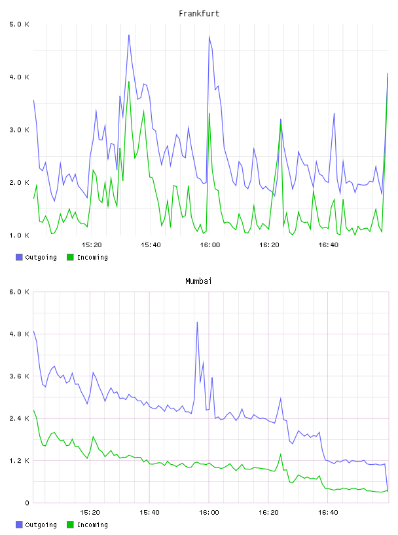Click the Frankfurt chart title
point(199,14)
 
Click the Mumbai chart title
point(198,281)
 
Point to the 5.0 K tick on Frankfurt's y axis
point(20,24)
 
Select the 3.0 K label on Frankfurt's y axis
point(20,130)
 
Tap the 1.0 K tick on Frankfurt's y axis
point(20,235)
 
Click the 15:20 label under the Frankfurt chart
point(92,245)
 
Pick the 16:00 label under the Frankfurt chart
point(210,245)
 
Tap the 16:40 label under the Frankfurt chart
point(329,245)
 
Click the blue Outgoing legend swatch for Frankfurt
point(19,257)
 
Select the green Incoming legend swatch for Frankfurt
point(70,257)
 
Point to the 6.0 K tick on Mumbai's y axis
point(20,292)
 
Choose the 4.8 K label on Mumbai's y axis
point(20,334)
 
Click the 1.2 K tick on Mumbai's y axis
point(20,461)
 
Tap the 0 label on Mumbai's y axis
point(27,503)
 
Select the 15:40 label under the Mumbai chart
point(150,513)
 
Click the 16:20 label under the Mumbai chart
point(268,513)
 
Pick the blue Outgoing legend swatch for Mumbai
point(19,525)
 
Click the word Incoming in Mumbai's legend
point(92,525)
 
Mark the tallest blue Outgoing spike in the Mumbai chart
point(197,322)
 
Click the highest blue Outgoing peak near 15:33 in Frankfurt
point(129,35)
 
